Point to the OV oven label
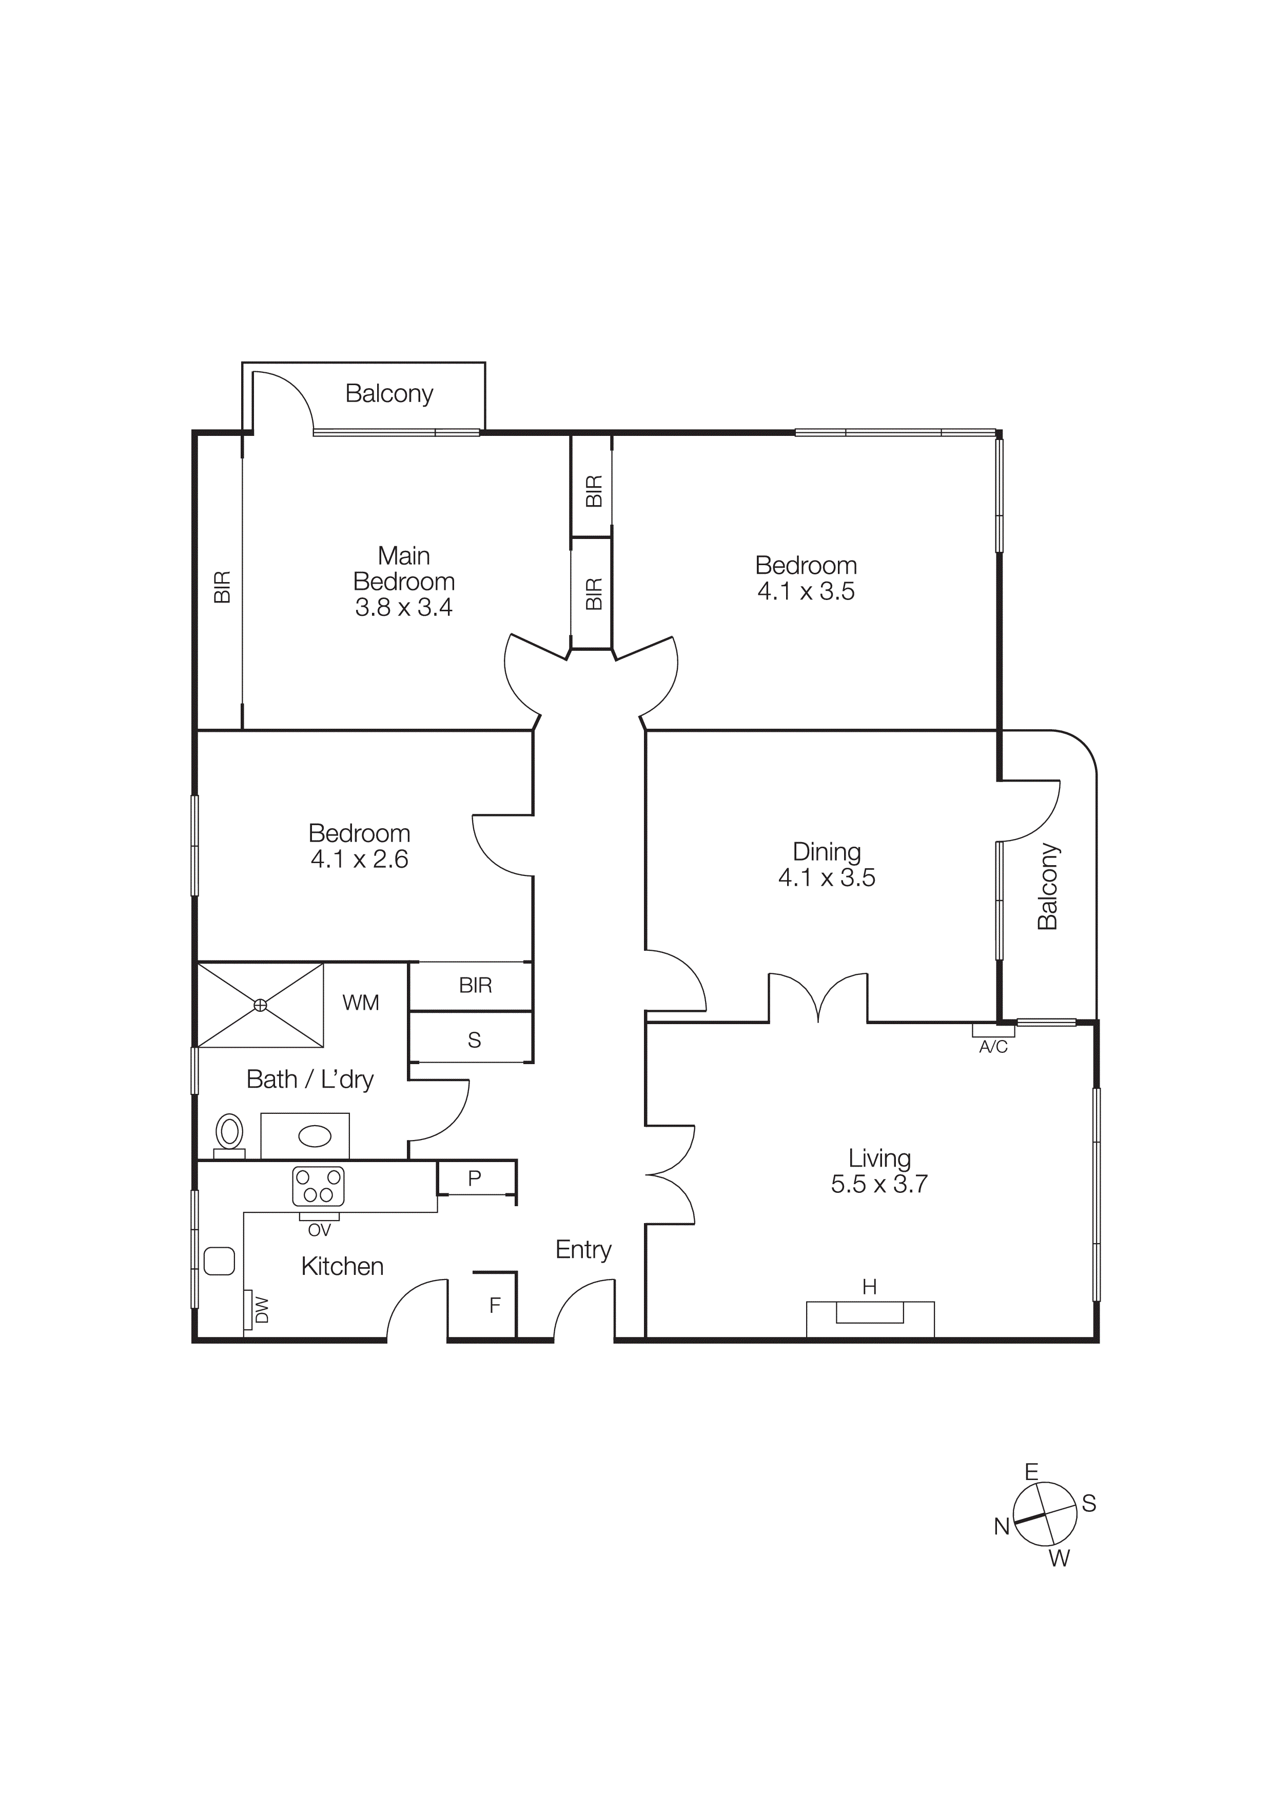click(x=319, y=1230)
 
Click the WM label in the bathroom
click(x=361, y=1003)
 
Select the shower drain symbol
click(x=260, y=1005)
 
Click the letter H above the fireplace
click(x=869, y=1287)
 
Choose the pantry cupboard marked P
click(x=474, y=1178)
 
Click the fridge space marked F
click(x=495, y=1305)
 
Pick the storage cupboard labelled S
click(x=474, y=1040)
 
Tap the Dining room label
click(x=826, y=852)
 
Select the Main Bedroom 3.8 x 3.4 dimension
click(x=404, y=607)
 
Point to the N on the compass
click(x=1001, y=1526)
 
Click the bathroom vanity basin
click(x=315, y=1135)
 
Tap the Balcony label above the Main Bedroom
click(x=389, y=393)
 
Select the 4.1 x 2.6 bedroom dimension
click(x=359, y=859)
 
